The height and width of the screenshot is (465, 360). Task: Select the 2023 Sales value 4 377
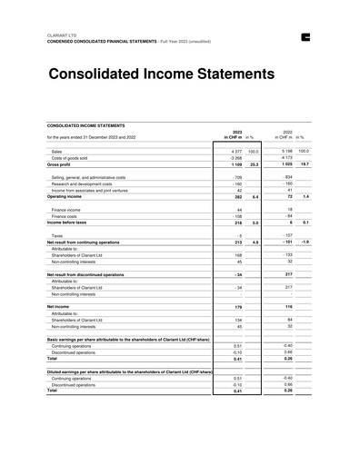[x=236, y=151]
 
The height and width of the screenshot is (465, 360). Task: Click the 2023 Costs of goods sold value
[x=235, y=158]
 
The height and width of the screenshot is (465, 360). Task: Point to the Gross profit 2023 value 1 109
[x=236, y=165]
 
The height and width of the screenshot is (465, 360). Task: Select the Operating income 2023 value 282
[x=238, y=197]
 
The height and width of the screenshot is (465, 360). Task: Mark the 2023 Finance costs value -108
[x=237, y=216]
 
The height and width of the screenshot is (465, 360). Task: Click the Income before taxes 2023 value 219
[x=238, y=223]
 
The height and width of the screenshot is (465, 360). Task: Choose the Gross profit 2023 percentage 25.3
[x=255, y=165]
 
